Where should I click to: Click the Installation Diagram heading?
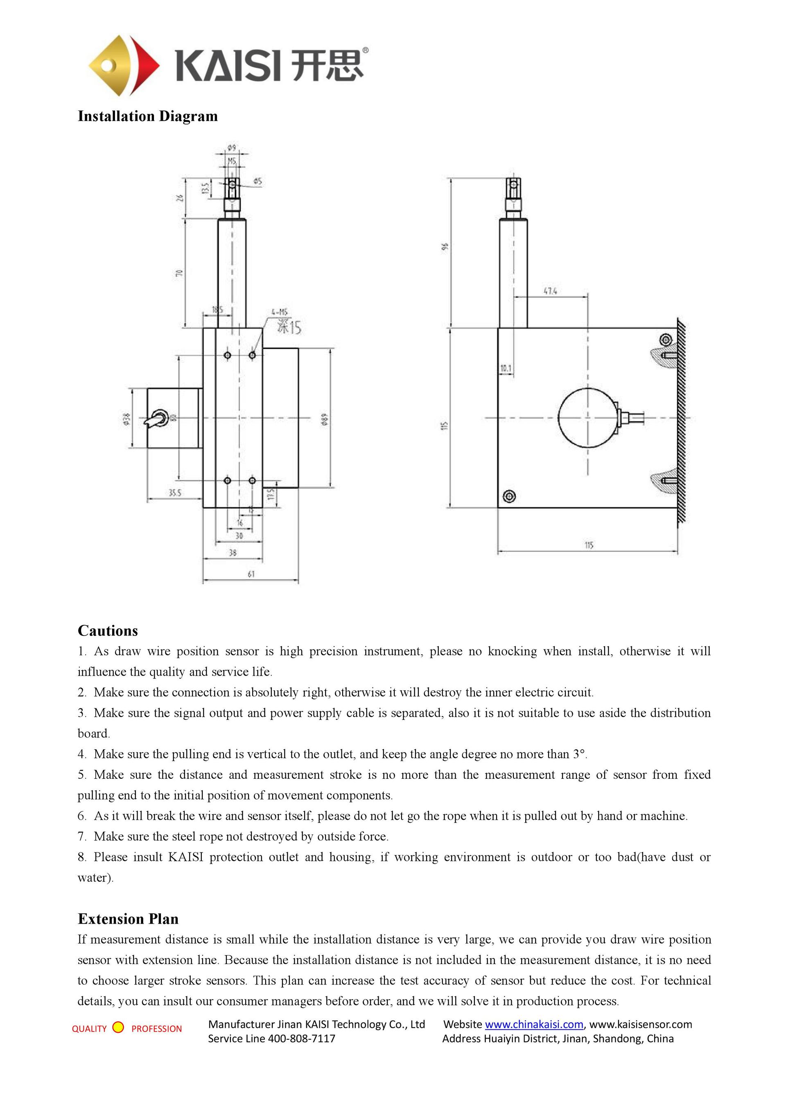click(x=148, y=116)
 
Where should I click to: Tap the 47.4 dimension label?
click(x=550, y=291)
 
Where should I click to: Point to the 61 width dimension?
click(x=251, y=574)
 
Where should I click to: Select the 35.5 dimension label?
click(x=175, y=493)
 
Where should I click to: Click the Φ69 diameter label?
click(x=325, y=419)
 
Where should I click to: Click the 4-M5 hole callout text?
click(x=279, y=312)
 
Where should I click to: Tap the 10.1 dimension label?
click(x=505, y=369)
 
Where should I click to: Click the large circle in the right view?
click(x=587, y=417)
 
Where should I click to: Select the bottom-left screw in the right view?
click(x=509, y=496)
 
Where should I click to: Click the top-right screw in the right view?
click(x=666, y=340)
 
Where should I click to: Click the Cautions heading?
click(x=107, y=631)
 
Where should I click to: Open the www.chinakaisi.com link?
click(x=534, y=1024)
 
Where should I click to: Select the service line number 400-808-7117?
click(x=302, y=1039)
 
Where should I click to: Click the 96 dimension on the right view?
click(x=446, y=247)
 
